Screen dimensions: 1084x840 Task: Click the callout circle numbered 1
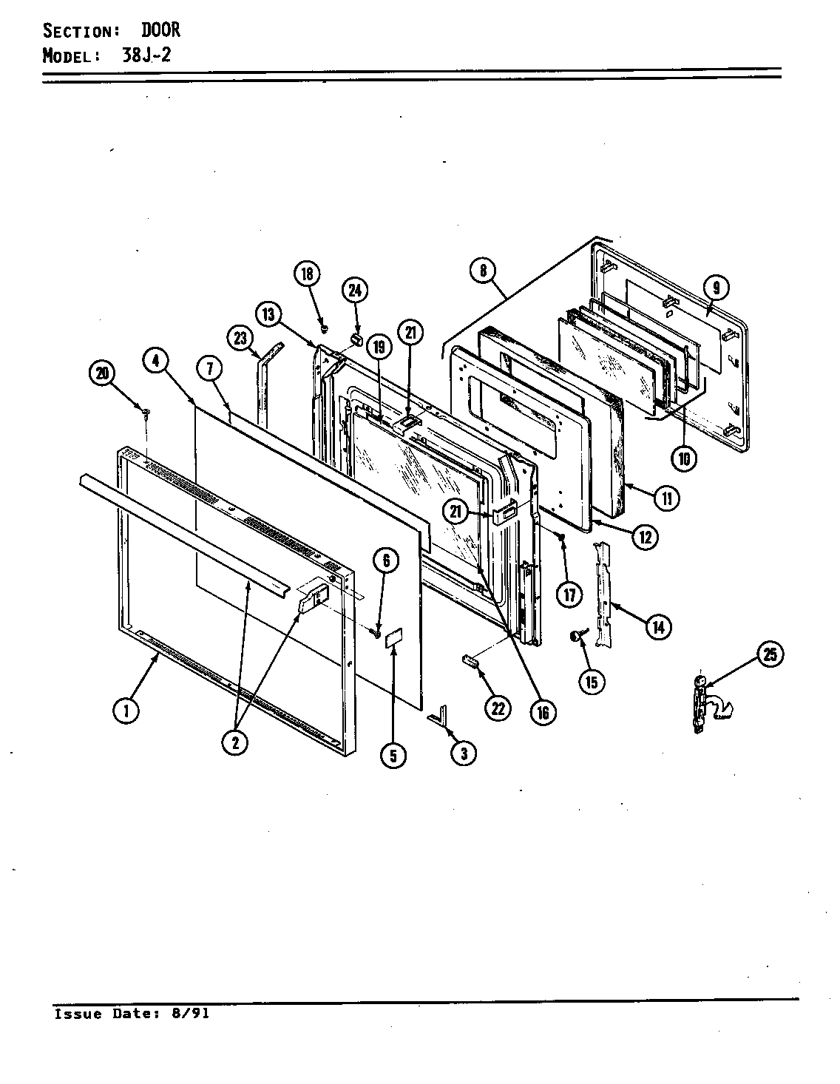point(126,711)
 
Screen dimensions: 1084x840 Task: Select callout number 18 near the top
point(307,274)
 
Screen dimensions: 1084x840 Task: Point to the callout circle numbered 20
point(103,374)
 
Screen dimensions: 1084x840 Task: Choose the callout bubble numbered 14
point(657,628)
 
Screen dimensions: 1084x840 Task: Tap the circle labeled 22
point(497,708)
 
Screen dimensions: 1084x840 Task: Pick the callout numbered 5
point(393,754)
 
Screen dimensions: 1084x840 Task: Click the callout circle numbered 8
point(483,270)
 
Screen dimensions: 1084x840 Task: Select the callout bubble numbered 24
point(355,290)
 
